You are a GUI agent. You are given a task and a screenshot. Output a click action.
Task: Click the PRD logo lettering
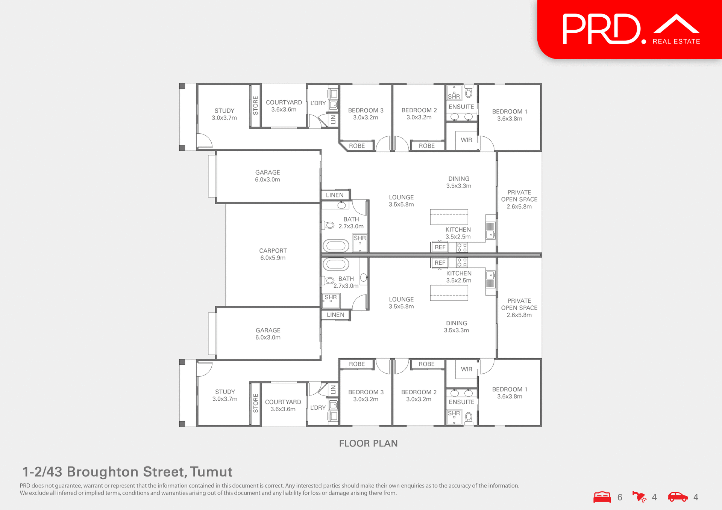click(x=602, y=29)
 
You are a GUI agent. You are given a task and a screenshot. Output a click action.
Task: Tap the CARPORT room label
click(x=273, y=250)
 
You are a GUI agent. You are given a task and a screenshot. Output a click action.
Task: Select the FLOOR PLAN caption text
click(x=368, y=444)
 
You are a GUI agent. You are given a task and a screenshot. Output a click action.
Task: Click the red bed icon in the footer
click(x=602, y=497)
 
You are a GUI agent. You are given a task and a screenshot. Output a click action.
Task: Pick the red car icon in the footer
click(x=678, y=497)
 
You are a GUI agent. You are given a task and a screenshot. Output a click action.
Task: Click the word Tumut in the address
click(x=211, y=472)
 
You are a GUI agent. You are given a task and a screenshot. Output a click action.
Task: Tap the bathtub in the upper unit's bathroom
click(x=336, y=246)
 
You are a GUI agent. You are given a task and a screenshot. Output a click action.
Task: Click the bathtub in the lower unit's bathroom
click(x=336, y=264)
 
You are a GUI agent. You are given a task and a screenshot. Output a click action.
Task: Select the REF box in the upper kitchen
click(x=440, y=247)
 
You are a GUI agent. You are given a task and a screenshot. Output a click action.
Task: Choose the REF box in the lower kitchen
click(x=440, y=263)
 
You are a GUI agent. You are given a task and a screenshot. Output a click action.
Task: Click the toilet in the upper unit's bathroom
click(x=329, y=225)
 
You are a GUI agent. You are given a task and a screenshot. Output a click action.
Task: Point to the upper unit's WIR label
click(x=466, y=140)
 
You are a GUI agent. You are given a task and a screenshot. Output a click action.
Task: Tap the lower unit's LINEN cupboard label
click(x=335, y=315)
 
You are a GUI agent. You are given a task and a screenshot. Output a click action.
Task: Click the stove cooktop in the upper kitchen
click(x=462, y=247)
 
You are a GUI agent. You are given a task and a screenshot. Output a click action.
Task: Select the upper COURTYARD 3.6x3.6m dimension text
click(x=284, y=110)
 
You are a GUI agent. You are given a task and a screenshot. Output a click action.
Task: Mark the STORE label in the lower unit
click(x=256, y=403)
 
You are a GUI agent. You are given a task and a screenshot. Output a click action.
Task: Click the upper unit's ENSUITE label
click(x=461, y=107)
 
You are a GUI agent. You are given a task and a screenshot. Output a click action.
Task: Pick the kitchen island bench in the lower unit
click(x=449, y=293)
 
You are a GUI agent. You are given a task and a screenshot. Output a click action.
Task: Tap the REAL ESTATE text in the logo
click(x=676, y=42)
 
